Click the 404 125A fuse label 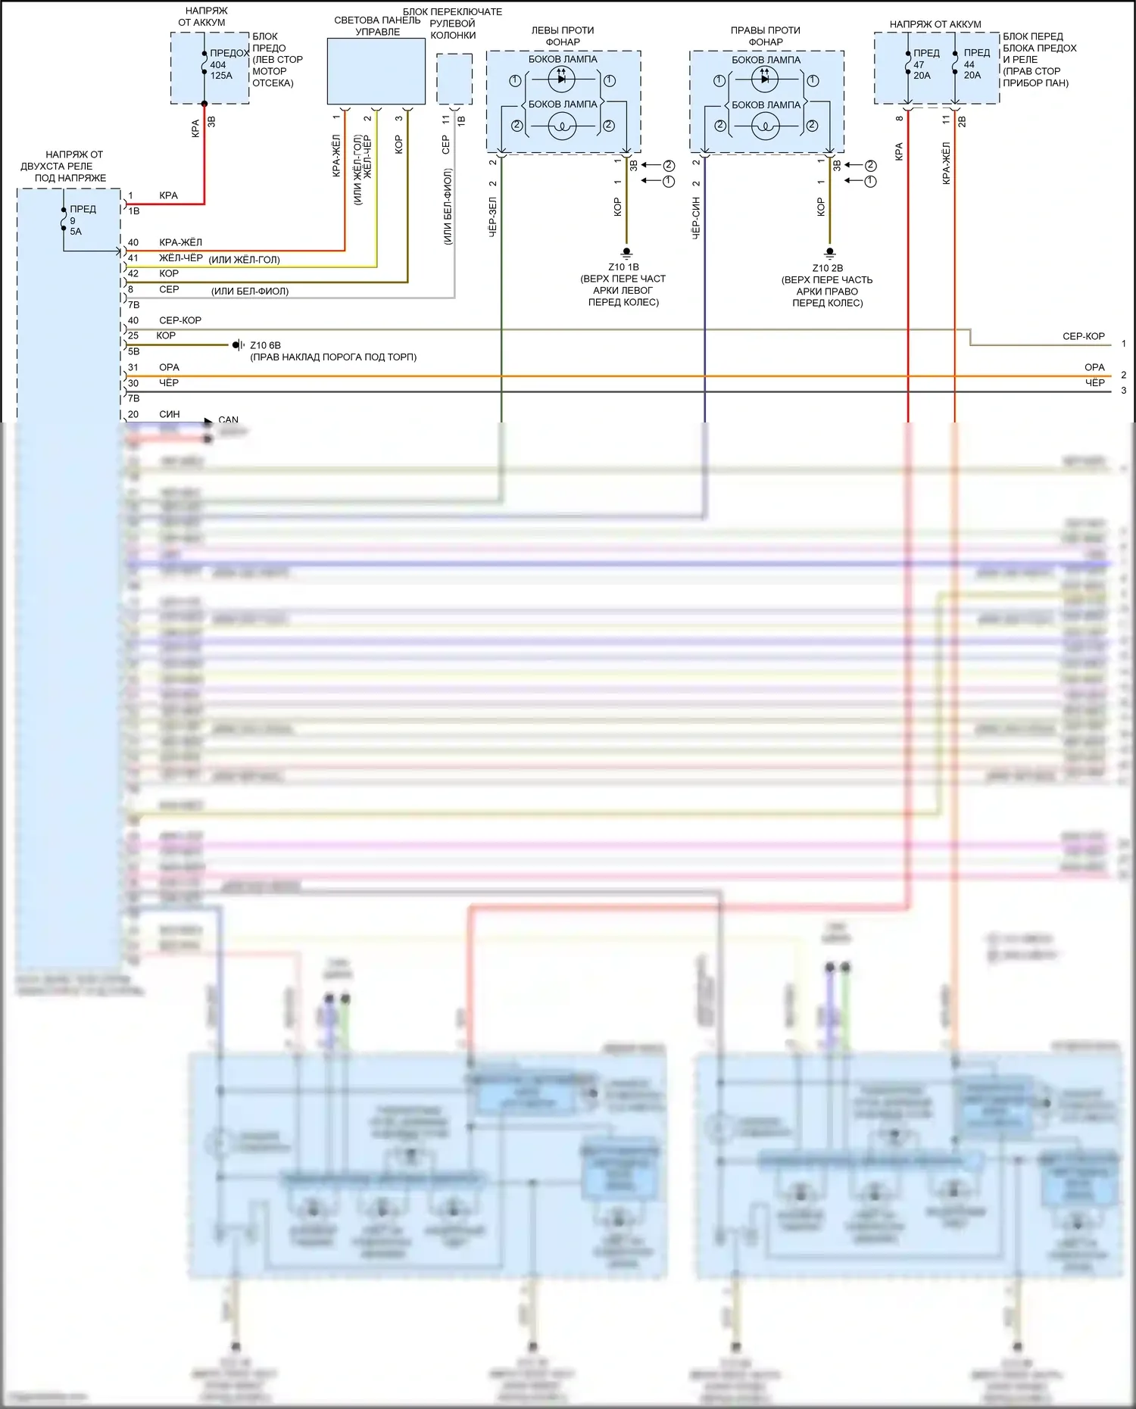[x=220, y=70]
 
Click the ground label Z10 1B [x=623, y=267]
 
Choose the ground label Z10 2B [x=827, y=268]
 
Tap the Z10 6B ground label [x=265, y=345]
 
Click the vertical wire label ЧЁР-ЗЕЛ [x=492, y=217]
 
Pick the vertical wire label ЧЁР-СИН [x=696, y=218]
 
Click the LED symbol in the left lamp [x=561, y=79]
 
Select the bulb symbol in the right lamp [x=765, y=126]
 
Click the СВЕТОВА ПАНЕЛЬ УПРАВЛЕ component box [x=376, y=71]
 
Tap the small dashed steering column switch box [x=454, y=79]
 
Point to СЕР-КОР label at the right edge [x=1083, y=336]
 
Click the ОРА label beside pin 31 [x=169, y=367]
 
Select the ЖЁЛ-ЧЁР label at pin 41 [x=180, y=258]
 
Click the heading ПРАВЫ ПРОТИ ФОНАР [x=765, y=36]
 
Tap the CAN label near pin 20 [x=228, y=419]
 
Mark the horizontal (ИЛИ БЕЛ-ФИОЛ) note [x=250, y=291]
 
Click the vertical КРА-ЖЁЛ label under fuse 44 [x=946, y=163]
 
